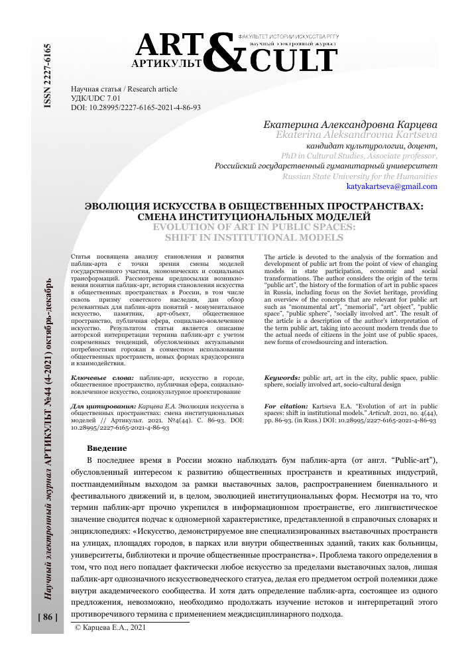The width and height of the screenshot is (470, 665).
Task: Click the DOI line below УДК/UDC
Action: pos(135,106)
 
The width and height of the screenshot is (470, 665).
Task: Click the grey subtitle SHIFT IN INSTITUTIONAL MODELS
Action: pos(254,237)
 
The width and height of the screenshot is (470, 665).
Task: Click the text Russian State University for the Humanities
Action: pos(359,176)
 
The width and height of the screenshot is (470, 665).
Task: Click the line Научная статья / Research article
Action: pos(124,89)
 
